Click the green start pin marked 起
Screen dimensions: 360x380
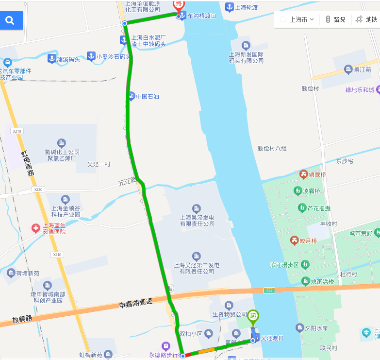(252, 316)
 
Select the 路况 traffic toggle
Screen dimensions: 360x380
(335, 19)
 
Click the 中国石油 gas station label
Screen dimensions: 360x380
(147, 96)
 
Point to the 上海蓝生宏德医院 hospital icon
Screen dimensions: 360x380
(35, 228)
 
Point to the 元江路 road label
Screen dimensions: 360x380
(127, 182)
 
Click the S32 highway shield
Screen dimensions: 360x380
(268, 290)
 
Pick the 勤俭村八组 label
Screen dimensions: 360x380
(272, 148)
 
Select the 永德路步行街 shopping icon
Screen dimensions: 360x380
(166, 346)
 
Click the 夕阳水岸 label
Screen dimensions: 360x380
(316, 328)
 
